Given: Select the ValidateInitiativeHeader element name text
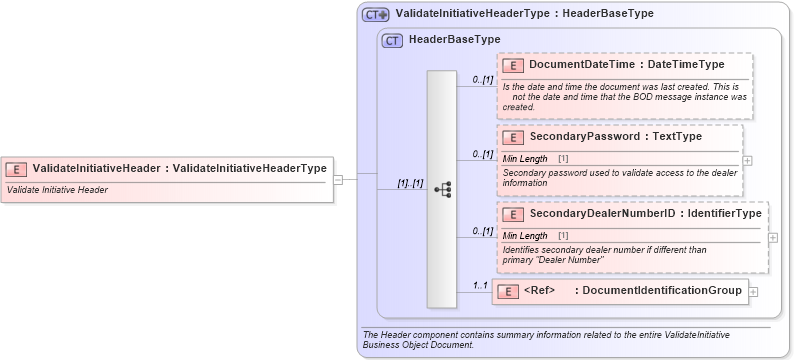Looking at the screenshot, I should [95, 169].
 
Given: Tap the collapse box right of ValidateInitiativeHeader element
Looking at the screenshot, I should [338, 180].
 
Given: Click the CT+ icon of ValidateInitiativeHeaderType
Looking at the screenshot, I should [375, 15].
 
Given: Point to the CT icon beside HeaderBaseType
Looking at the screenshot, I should [393, 40].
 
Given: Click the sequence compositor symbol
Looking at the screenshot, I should [443, 188].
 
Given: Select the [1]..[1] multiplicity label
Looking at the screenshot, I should [410, 183].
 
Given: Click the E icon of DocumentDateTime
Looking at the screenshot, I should [512, 65].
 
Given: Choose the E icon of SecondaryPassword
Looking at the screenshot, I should [512, 137].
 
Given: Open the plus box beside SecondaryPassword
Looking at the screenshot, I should [748, 160].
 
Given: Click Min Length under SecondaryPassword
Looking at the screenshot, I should [524, 159].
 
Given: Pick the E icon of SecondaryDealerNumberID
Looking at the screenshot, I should [512, 214].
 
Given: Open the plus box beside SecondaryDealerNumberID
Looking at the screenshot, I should [773, 238].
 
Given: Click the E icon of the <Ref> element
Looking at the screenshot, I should [507, 291].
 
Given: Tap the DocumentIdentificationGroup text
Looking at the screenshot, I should [661, 291].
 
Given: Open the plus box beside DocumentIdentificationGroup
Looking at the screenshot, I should [753, 292].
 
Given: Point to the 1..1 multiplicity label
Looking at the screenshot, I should [480, 286].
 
